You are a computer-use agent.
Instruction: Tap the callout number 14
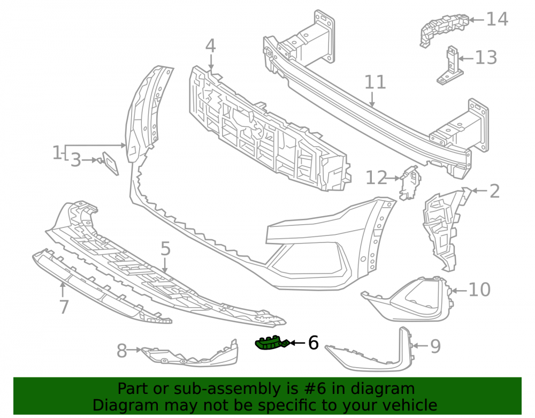pyautogui.click(x=497, y=19)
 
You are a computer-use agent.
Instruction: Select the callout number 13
pyautogui.click(x=486, y=57)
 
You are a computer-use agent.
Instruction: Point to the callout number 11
pyautogui.click(x=376, y=82)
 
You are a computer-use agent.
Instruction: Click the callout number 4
pyautogui.click(x=210, y=46)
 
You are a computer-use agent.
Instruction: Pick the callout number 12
pyautogui.click(x=377, y=178)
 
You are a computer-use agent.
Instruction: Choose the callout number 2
pyautogui.click(x=495, y=191)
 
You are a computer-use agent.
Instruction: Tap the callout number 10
pyautogui.click(x=480, y=290)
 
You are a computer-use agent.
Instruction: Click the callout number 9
pyautogui.click(x=435, y=346)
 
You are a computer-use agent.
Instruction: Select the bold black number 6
pyautogui.click(x=313, y=343)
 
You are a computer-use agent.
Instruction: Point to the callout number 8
pyautogui.click(x=122, y=351)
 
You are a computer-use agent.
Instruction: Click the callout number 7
pyautogui.click(x=64, y=307)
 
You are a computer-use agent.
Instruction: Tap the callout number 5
pyautogui.click(x=165, y=248)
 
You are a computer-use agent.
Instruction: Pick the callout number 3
pyautogui.click(x=76, y=160)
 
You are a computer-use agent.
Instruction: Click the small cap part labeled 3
pyautogui.click(x=110, y=163)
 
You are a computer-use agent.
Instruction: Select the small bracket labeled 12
pyautogui.click(x=410, y=183)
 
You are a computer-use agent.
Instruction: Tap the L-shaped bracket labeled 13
pyautogui.click(x=450, y=66)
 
